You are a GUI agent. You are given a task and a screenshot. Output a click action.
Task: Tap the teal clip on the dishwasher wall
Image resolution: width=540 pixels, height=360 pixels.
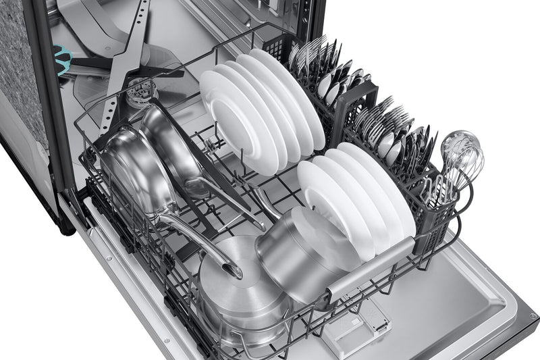click(x=63, y=59)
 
